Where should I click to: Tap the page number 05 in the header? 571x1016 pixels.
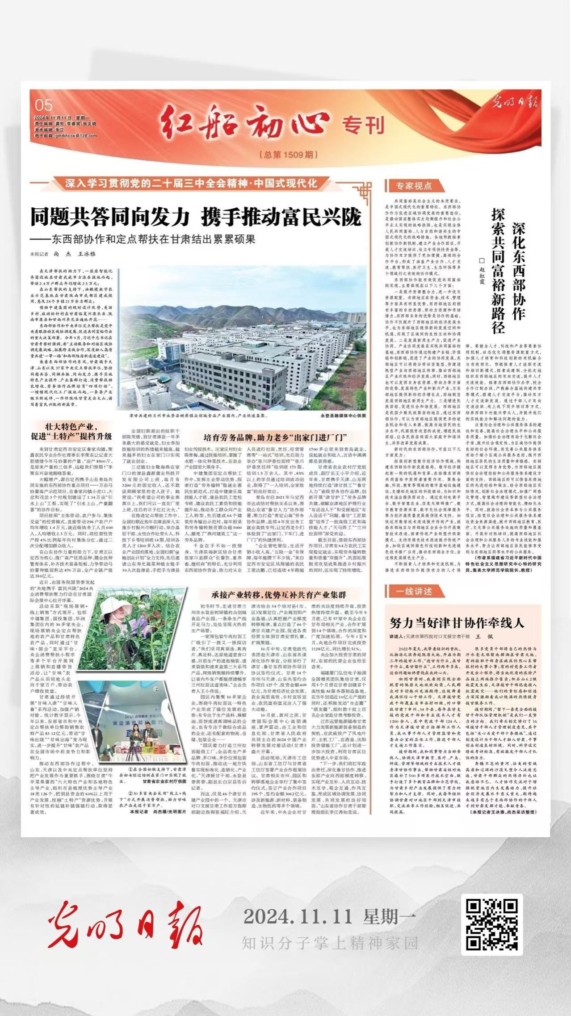click(44, 105)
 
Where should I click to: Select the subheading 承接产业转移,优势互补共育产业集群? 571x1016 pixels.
click(279, 595)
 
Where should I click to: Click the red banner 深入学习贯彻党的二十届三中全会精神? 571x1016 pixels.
click(192, 184)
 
